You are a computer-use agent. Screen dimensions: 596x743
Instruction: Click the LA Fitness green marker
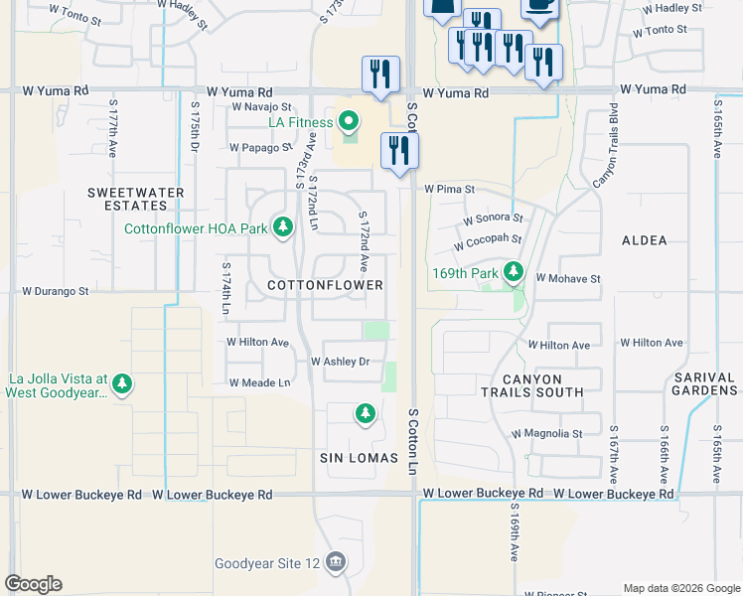pos(348,123)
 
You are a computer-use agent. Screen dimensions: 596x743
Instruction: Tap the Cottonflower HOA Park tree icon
pos(283,227)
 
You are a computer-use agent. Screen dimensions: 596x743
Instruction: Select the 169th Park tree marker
pos(514,271)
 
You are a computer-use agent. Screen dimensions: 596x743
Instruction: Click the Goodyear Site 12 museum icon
pos(336,563)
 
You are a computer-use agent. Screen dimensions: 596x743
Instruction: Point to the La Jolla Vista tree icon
pos(122,383)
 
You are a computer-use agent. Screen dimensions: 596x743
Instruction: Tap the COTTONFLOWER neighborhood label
pos(326,285)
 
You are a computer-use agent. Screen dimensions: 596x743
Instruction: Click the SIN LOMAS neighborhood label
pos(359,458)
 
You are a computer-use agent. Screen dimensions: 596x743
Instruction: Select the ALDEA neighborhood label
pos(644,240)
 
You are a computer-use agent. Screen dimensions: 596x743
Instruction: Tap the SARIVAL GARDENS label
pos(703,384)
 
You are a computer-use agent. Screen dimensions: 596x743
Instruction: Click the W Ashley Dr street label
pos(340,363)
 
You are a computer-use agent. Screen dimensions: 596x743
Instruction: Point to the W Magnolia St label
pos(546,434)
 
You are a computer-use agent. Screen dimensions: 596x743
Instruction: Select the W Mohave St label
pos(568,279)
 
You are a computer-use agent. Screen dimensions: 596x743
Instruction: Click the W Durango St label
pos(56,292)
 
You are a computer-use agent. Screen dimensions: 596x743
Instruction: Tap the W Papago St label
pos(260,147)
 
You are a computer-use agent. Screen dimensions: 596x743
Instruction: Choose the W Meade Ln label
pos(259,382)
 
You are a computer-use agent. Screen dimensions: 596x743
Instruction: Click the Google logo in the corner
pos(33,584)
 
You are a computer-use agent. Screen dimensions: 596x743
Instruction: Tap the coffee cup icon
pos(540,6)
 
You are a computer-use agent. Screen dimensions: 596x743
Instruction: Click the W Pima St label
pos(450,188)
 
